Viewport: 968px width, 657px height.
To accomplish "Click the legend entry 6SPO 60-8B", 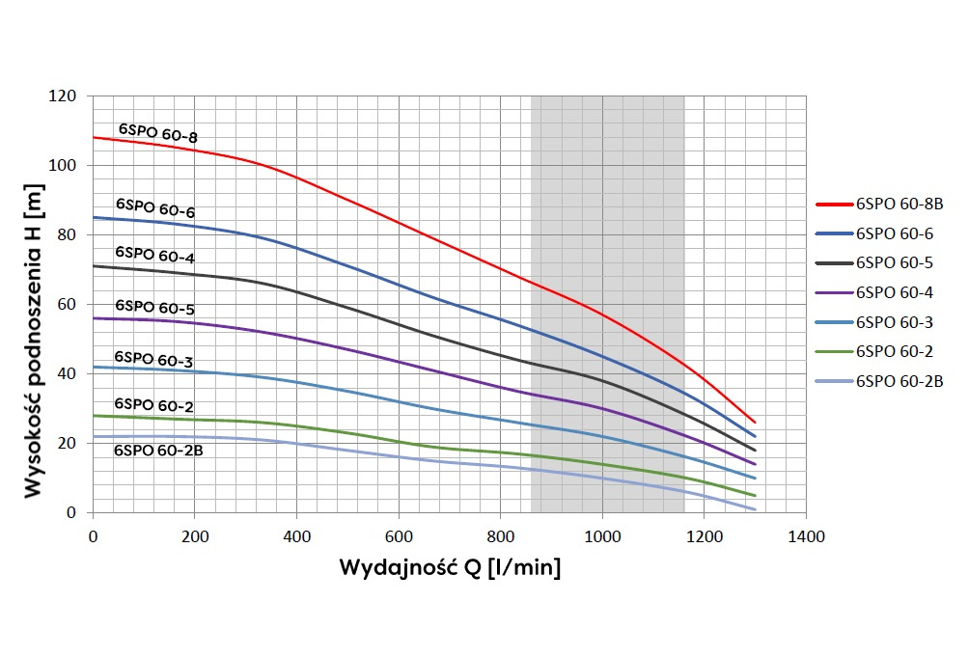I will tap(899, 204).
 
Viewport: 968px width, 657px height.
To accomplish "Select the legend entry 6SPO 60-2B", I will tap(899, 381).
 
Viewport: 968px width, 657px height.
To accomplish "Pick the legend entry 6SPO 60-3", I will tap(893, 322).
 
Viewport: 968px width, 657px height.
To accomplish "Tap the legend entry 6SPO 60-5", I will tap(893, 262).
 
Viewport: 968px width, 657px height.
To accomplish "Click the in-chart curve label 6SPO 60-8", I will tap(158, 134).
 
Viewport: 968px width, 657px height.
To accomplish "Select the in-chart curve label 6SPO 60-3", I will tap(153, 361).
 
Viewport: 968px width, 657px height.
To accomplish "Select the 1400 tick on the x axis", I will tap(806, 534).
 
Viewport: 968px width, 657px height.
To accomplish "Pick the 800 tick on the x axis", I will tap(501, 534).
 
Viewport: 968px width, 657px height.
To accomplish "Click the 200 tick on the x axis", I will tap(195, 534).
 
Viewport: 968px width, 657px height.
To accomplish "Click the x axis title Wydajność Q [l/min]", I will tap(449, 567).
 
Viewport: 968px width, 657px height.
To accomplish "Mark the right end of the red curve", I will tap(755, 423).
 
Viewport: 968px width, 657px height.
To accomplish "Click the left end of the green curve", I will tap(94, 415).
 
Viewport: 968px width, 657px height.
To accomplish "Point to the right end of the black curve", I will tap(755, 451).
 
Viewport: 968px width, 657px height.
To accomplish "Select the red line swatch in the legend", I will tap(834, 204).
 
